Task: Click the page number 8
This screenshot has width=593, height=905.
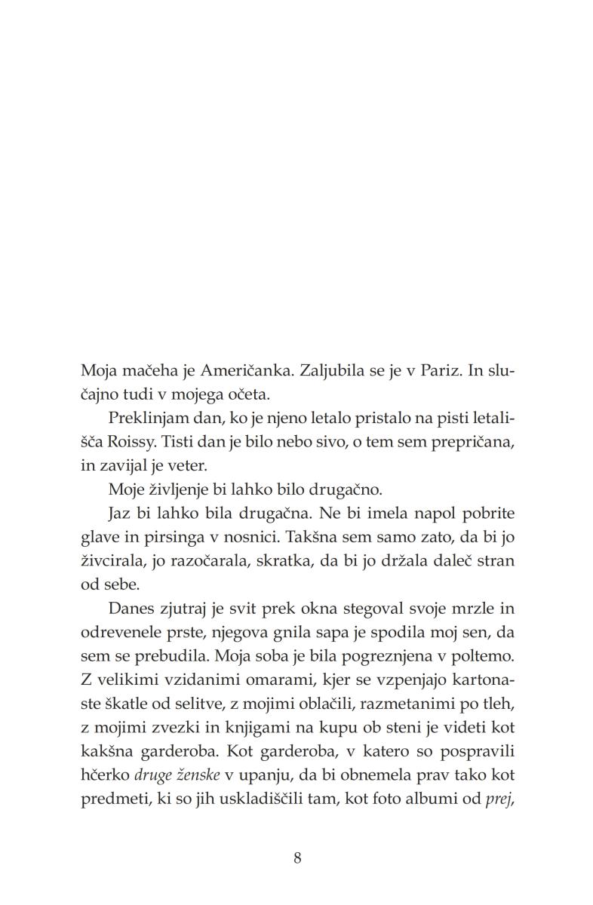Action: click(x=297, y=857)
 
